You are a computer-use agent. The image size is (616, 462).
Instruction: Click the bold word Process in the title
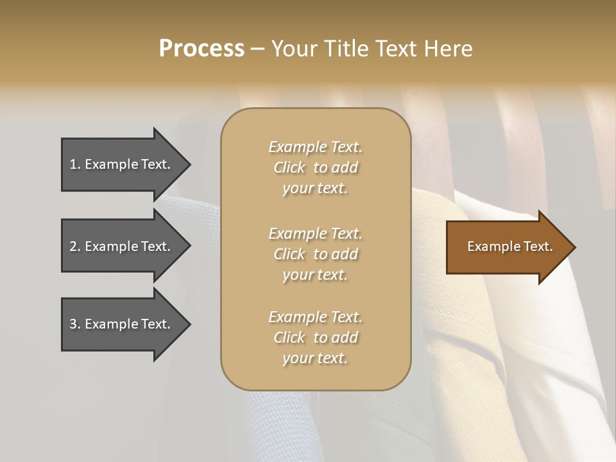(x=201, y=49)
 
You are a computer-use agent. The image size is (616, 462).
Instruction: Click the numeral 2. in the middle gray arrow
(x=74, y=246)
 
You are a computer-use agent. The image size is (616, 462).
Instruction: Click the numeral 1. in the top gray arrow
(x=74, y=164)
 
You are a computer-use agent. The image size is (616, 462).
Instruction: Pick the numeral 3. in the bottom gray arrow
(x=74, y=324)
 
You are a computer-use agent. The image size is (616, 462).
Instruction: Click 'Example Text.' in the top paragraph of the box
(x=315, y=147)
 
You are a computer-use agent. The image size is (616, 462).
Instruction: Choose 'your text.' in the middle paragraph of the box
(x=315, y=275)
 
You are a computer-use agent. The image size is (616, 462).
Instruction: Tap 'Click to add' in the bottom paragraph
(x=315, y=338)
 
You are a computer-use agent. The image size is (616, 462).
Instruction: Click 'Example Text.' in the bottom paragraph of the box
(x=315, y=317)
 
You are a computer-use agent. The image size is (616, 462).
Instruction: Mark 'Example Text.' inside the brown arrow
(x=509, y=246)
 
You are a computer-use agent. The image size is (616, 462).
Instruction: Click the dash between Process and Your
(x=257, y=49)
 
